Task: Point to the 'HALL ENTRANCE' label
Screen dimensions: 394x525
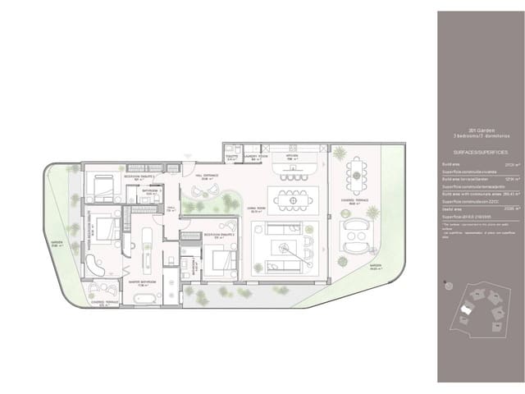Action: (x=207, y=175)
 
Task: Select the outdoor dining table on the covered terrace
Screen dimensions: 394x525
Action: (x=355, y=174)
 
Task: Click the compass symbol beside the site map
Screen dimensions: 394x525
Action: (x=448, y=285)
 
